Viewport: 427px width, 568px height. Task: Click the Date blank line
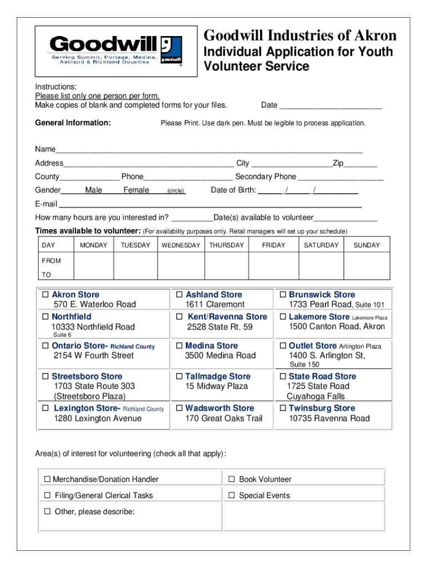(x=331, y=105)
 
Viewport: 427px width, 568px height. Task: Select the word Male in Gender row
(x=94, y=190)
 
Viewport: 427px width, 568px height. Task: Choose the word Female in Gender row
(x=136, y=190)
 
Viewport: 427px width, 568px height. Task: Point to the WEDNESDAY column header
(x=181, y=245)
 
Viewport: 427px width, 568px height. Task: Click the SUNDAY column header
(x=367, y=245)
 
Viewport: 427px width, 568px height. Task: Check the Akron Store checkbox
(x=45, y=295)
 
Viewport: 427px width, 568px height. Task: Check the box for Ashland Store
(x=180, y=295)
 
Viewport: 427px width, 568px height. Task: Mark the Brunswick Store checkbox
(x=283, y=295)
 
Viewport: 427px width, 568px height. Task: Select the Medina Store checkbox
(x=180, y=346)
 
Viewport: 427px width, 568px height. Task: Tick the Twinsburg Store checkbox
(x=283, y=408)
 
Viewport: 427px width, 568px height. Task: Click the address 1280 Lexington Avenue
(x=98, y=419)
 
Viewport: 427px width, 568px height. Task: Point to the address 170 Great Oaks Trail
(x=224, y=419)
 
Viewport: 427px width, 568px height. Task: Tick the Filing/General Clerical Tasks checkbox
(x=47, y=495)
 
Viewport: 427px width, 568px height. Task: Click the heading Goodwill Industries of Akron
(x=300, y=36)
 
